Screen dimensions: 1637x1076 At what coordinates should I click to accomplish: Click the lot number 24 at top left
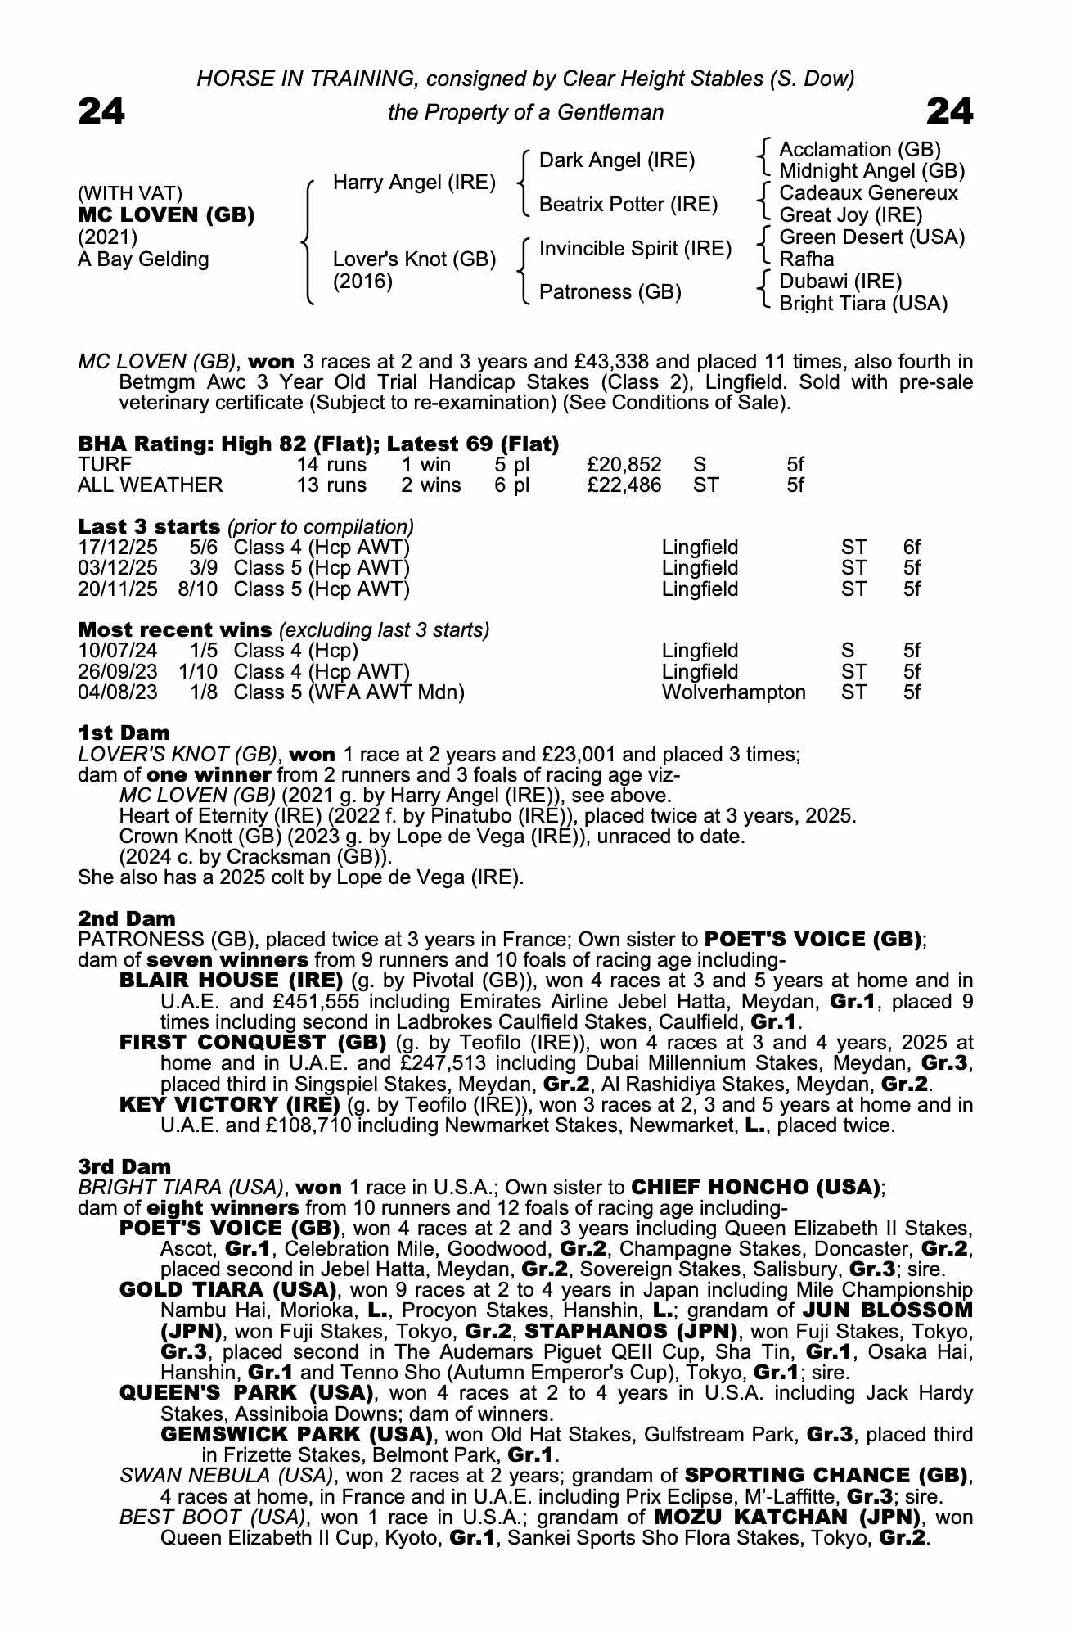[x=101, y=111]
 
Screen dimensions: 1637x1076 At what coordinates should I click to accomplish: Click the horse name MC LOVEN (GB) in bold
[x=166, y=215]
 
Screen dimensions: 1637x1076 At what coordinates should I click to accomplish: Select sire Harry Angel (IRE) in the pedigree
[x=414, y=182]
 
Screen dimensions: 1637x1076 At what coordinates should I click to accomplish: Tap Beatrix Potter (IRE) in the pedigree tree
[x=628, y=204]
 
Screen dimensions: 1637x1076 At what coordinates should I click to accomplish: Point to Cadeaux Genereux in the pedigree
[x=868, y=193]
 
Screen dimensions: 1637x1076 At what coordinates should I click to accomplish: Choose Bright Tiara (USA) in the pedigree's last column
[x=863, y=304]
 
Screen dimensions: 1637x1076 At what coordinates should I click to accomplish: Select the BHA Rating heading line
[x=318, y=444]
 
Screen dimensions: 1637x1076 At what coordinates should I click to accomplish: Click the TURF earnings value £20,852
[x=624, y=465]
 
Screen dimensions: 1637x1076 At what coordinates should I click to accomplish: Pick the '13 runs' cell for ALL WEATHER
[x=331, y=485]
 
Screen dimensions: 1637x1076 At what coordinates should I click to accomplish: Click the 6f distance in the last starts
[x=912, y=547]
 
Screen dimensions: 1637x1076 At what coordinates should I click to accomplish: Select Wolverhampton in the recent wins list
[x=733, y=692]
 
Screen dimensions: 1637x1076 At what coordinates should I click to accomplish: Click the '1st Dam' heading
[x=124, y=733]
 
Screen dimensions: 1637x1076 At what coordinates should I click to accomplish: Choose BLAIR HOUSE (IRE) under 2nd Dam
[x=231, y=981]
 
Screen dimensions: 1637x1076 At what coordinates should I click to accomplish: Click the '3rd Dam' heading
[x=124, y=1166]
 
